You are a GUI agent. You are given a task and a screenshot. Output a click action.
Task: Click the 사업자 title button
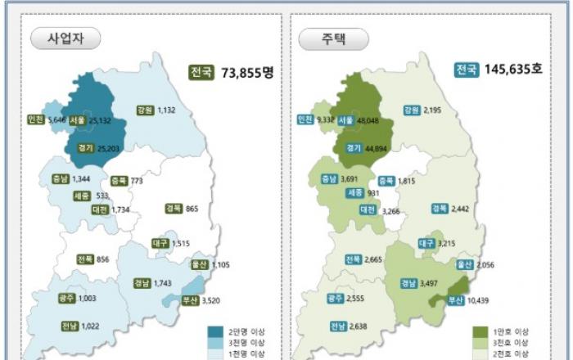[x=65, y=38]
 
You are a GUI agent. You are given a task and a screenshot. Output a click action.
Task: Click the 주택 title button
[x=332, y=38]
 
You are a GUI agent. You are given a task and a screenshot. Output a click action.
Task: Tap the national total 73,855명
[x=247, y=72]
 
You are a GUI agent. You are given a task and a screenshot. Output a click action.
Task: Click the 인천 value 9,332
[x=327, y=119]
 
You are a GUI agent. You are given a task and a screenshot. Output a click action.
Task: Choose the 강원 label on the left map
[x=145, y=110]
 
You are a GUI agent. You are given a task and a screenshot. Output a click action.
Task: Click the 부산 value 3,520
[x=213, y=300]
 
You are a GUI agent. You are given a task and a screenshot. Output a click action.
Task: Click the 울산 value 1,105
[x=222, y=264]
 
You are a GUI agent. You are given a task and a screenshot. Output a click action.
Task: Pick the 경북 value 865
[x=192, y=209]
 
